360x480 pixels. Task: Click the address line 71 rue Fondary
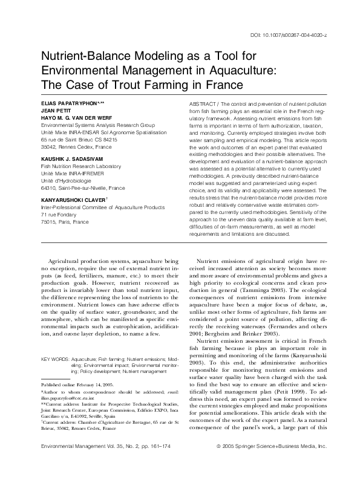coord(57,213)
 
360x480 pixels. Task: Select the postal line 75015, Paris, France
coord(64,221)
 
